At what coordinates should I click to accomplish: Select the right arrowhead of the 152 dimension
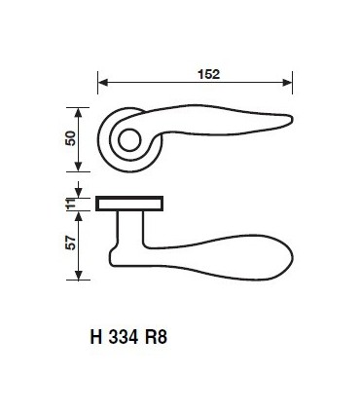pos(290,82)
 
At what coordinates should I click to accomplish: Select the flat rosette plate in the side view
pos(130,204)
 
